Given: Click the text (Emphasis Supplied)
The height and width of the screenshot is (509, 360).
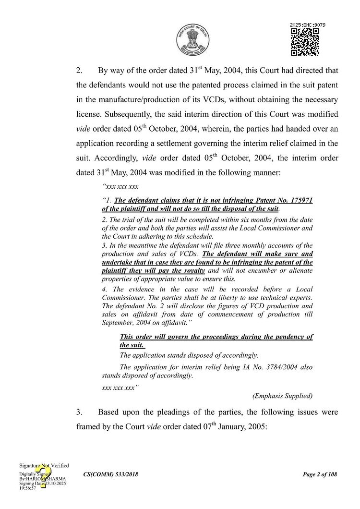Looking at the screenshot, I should pyautogui.click(x=282, y=396).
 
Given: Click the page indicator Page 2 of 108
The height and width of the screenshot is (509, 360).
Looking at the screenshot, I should pyautogui.click(x=320, y=474).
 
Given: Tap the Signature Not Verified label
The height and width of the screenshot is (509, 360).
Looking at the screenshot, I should pyautogui.click(x=44, y=465).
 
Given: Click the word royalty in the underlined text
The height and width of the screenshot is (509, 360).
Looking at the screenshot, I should pyautogui.click(x=192, y=270).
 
